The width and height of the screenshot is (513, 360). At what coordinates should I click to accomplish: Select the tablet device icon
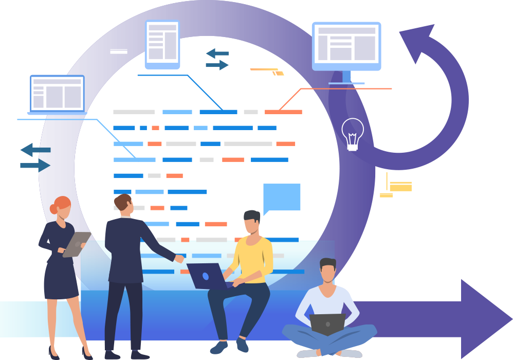pos(162,44)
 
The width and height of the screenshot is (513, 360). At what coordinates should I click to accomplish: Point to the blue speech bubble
pos(281,197)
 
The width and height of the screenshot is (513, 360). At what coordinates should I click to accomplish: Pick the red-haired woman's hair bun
pos(53,209)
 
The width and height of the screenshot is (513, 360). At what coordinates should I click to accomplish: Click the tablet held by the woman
pos(76,244)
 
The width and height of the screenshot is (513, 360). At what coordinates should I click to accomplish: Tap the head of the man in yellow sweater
pos(252,222)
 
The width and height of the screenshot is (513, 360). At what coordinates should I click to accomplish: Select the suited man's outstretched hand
pos(179,259)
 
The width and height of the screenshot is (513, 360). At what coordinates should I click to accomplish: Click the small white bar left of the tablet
pos(119,51)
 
